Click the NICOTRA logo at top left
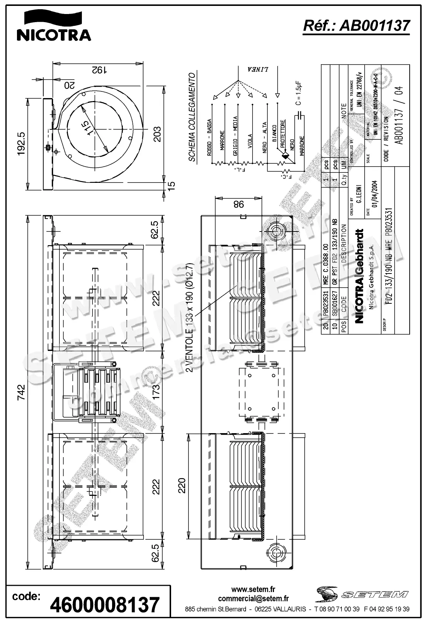tap(54, 25)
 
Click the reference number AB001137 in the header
tap(356, 26)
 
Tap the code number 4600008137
tap(105, 605)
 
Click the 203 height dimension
tap(157, 134)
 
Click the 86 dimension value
tap(239, 204)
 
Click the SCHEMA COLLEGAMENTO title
tap(192, 117)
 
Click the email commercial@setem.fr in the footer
tap(253, 599)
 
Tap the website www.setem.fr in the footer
tap(253, 590)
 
